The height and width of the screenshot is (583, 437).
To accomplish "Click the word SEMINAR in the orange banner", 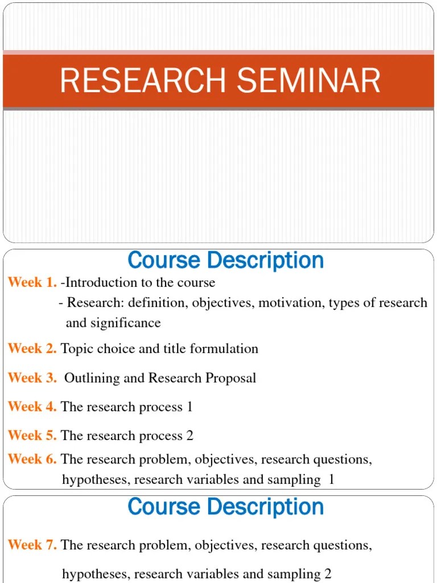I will click(x=309, y=80).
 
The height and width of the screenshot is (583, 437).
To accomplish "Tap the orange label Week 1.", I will click(x=32, y=282).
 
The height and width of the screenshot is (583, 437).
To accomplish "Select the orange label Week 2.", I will click(x=32, y=348).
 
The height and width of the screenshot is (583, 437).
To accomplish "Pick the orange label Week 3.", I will click(x=32, y=378).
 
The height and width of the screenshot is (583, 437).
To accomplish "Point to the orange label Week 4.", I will click(x=32, y=407).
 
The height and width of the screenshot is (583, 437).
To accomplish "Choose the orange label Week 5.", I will click(x=32, y=436).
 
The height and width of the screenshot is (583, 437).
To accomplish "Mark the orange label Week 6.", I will click(x=32, y=459).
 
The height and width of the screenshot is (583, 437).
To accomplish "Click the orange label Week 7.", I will click(x=32, y=545).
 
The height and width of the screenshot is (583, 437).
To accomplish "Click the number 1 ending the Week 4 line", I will click(x=189, y=407).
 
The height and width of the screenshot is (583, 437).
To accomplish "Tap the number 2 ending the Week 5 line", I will click(x=190, y=436).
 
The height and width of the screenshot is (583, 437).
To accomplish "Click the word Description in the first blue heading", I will click(x=266, y=261).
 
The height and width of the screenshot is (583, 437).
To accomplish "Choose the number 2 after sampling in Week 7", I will click(x=328, y=573).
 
